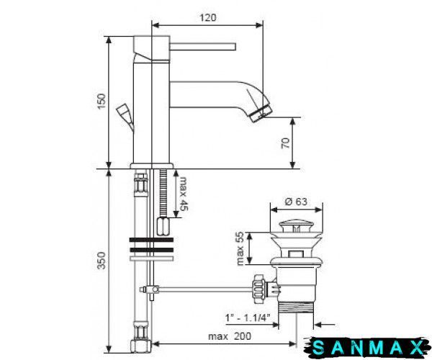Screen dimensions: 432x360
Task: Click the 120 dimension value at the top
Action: (x=208, y=17)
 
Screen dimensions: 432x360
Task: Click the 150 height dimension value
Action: (x=102, y=101)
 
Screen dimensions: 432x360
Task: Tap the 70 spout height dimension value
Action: (x=286, y=143)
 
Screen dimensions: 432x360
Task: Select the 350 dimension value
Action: (x=102, y=261)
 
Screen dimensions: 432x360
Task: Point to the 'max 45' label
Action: (x=184, y=194)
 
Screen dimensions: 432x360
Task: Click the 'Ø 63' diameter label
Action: (x=296, y=202)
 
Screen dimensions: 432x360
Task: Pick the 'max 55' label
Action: (x=240, y=248)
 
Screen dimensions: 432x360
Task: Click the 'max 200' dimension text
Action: (x=230, y=336)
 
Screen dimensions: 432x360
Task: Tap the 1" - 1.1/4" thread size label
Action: (x=248, y=318)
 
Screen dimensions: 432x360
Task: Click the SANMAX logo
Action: (x=367, y=348)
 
